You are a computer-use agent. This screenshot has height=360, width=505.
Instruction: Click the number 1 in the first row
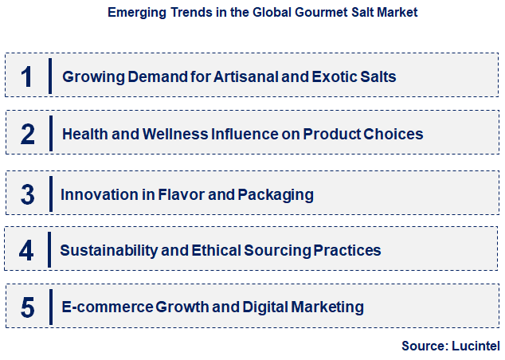(28, 76)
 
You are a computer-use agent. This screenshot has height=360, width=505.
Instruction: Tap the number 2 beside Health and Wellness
(28, 134)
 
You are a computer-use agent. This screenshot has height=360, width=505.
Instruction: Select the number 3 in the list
(28, 194)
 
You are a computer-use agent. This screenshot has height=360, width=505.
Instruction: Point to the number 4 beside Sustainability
(28, 250)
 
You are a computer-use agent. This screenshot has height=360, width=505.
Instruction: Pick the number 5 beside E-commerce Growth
(28, 307)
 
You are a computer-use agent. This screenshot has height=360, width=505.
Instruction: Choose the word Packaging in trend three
(276, 194)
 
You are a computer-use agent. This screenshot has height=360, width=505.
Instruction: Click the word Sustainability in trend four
(108, 250)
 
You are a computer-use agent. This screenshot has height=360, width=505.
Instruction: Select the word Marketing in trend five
(327, 307)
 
